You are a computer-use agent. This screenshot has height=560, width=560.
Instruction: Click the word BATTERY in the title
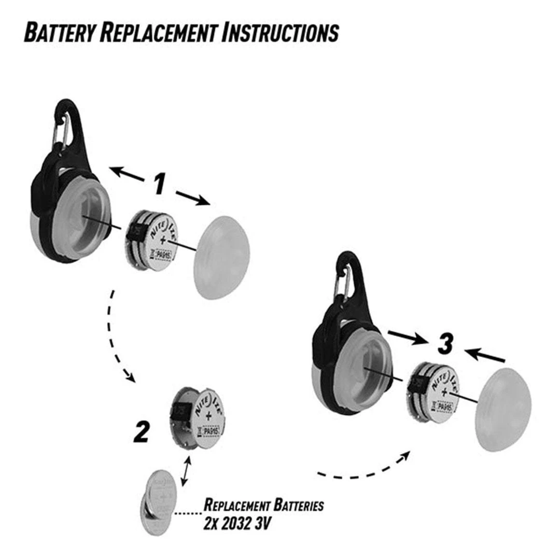(58, 32)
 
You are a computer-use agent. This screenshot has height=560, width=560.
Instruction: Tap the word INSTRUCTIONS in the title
(281, 32)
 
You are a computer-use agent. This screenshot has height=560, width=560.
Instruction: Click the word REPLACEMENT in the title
(159, 32)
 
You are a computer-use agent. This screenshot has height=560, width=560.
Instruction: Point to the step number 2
(142, 432)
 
